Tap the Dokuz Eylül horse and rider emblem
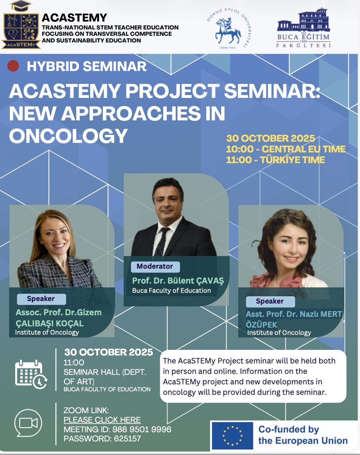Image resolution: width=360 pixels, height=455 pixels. [228, 31]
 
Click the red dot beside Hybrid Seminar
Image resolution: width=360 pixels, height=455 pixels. [13, 66]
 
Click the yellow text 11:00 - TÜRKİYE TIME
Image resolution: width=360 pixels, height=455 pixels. [275, 160]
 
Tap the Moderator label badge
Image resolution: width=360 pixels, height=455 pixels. [155, 266]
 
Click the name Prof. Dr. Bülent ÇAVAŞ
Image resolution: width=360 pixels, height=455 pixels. [178, 281]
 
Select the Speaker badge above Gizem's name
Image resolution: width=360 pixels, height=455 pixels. [41, 299]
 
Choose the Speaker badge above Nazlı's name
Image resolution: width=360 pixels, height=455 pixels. [270, 301]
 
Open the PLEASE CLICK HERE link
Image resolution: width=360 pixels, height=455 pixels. [102, 420]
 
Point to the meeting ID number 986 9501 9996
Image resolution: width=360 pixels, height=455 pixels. [142, 429]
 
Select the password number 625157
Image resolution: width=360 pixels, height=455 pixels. [127, 438]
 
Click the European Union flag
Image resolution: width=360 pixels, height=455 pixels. [232, 435]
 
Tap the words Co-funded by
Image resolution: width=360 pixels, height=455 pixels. [289, 429]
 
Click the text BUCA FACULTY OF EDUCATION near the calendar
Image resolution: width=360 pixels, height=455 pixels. [107, 390]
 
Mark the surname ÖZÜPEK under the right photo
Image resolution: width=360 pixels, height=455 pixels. [261, 325]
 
